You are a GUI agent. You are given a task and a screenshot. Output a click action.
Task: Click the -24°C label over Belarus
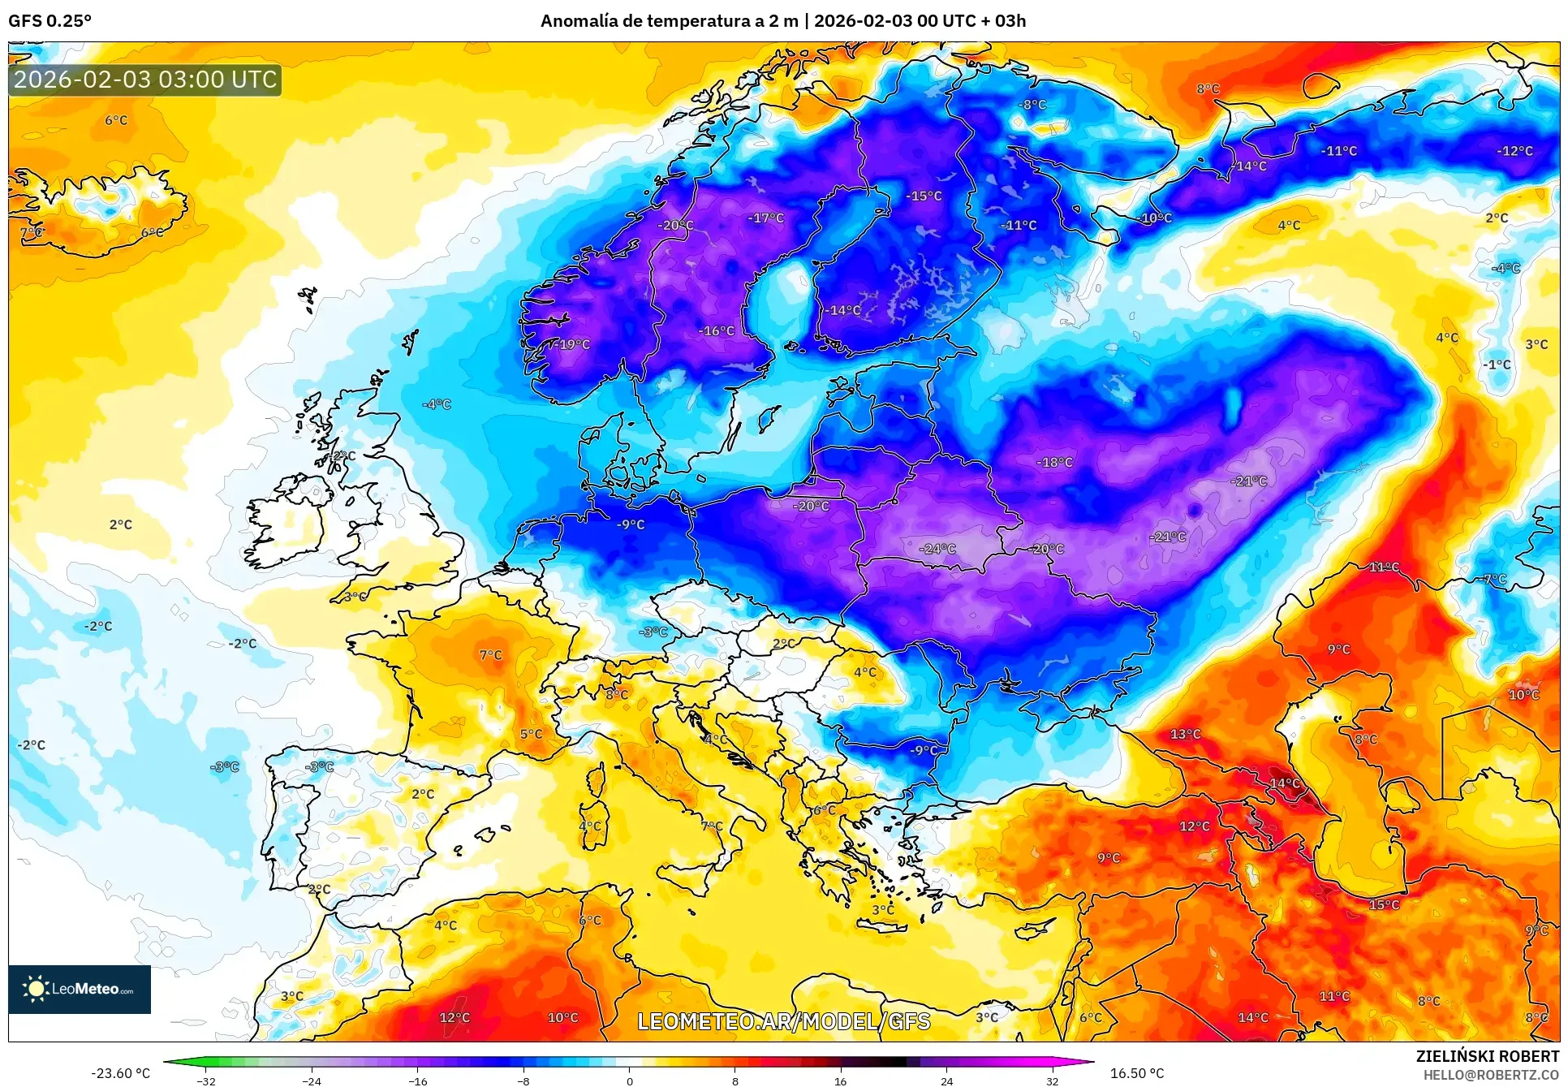click(937, 549)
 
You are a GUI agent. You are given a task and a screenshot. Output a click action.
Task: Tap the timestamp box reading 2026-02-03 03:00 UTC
click(145, 80)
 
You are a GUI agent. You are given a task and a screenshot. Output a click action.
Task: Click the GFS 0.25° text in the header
click(50, 21)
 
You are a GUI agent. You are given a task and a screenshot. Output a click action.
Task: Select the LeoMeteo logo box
click(80, 989)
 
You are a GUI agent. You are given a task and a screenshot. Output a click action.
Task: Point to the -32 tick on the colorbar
click(206, 1081)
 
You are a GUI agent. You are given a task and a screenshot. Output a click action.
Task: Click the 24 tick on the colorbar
click(946, 1081)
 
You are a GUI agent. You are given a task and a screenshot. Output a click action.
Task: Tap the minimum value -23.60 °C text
click(120, 1073)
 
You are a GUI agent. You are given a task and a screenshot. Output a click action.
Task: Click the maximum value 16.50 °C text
click(1136, 1073)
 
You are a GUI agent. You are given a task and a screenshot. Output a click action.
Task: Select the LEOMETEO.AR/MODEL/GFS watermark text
click(783, 1021)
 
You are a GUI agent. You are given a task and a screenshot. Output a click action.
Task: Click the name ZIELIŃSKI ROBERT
click(1487, 1056)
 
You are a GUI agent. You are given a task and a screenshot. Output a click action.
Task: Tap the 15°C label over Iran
click(1384, 904)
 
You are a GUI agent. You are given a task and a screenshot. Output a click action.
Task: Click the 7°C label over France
click(490, 654)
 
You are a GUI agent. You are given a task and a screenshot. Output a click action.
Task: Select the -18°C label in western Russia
click(1054, 462)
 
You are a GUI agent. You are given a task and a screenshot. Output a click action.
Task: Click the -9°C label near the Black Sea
click(923, 749)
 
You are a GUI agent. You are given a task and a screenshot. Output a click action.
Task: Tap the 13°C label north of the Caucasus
click(1185, 734)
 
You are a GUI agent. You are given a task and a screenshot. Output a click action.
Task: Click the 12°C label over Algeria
click(454, 1017)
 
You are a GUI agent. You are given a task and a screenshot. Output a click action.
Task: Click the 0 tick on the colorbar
click(629, 1081)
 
